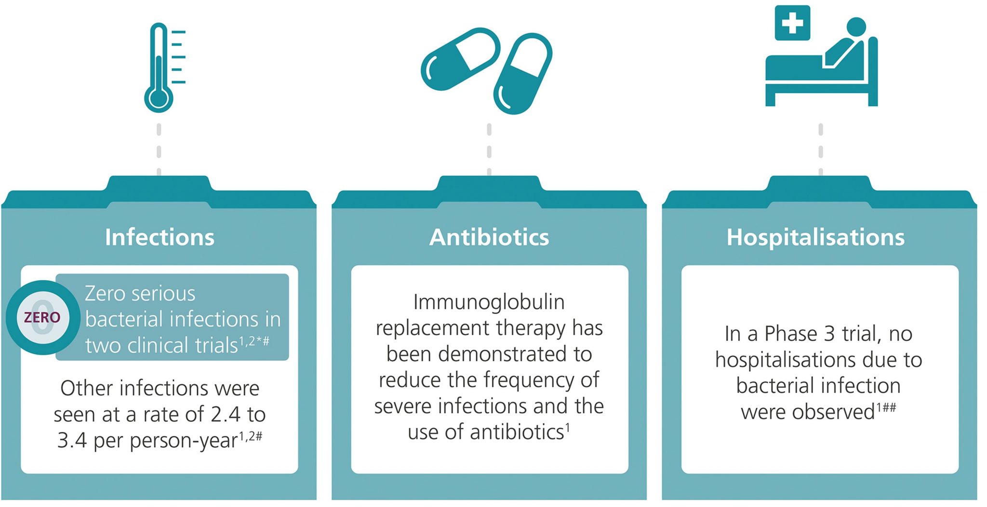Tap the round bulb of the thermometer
click(x=159, y=99)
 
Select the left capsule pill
click(x=461, y=59)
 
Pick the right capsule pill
click(x=523, y=74)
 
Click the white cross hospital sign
click(x=792, y=23)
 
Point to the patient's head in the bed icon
click(x=856, y=27)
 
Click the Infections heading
click(x=160, y=237)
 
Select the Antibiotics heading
click(x=489, y=237)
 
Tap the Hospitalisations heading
click(x=815, y=237)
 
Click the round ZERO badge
click(x=43, y=317)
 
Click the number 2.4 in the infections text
click(x=225, y=415)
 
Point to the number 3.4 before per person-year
click(x=72, y=441)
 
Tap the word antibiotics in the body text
click(x=517, y=432)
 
